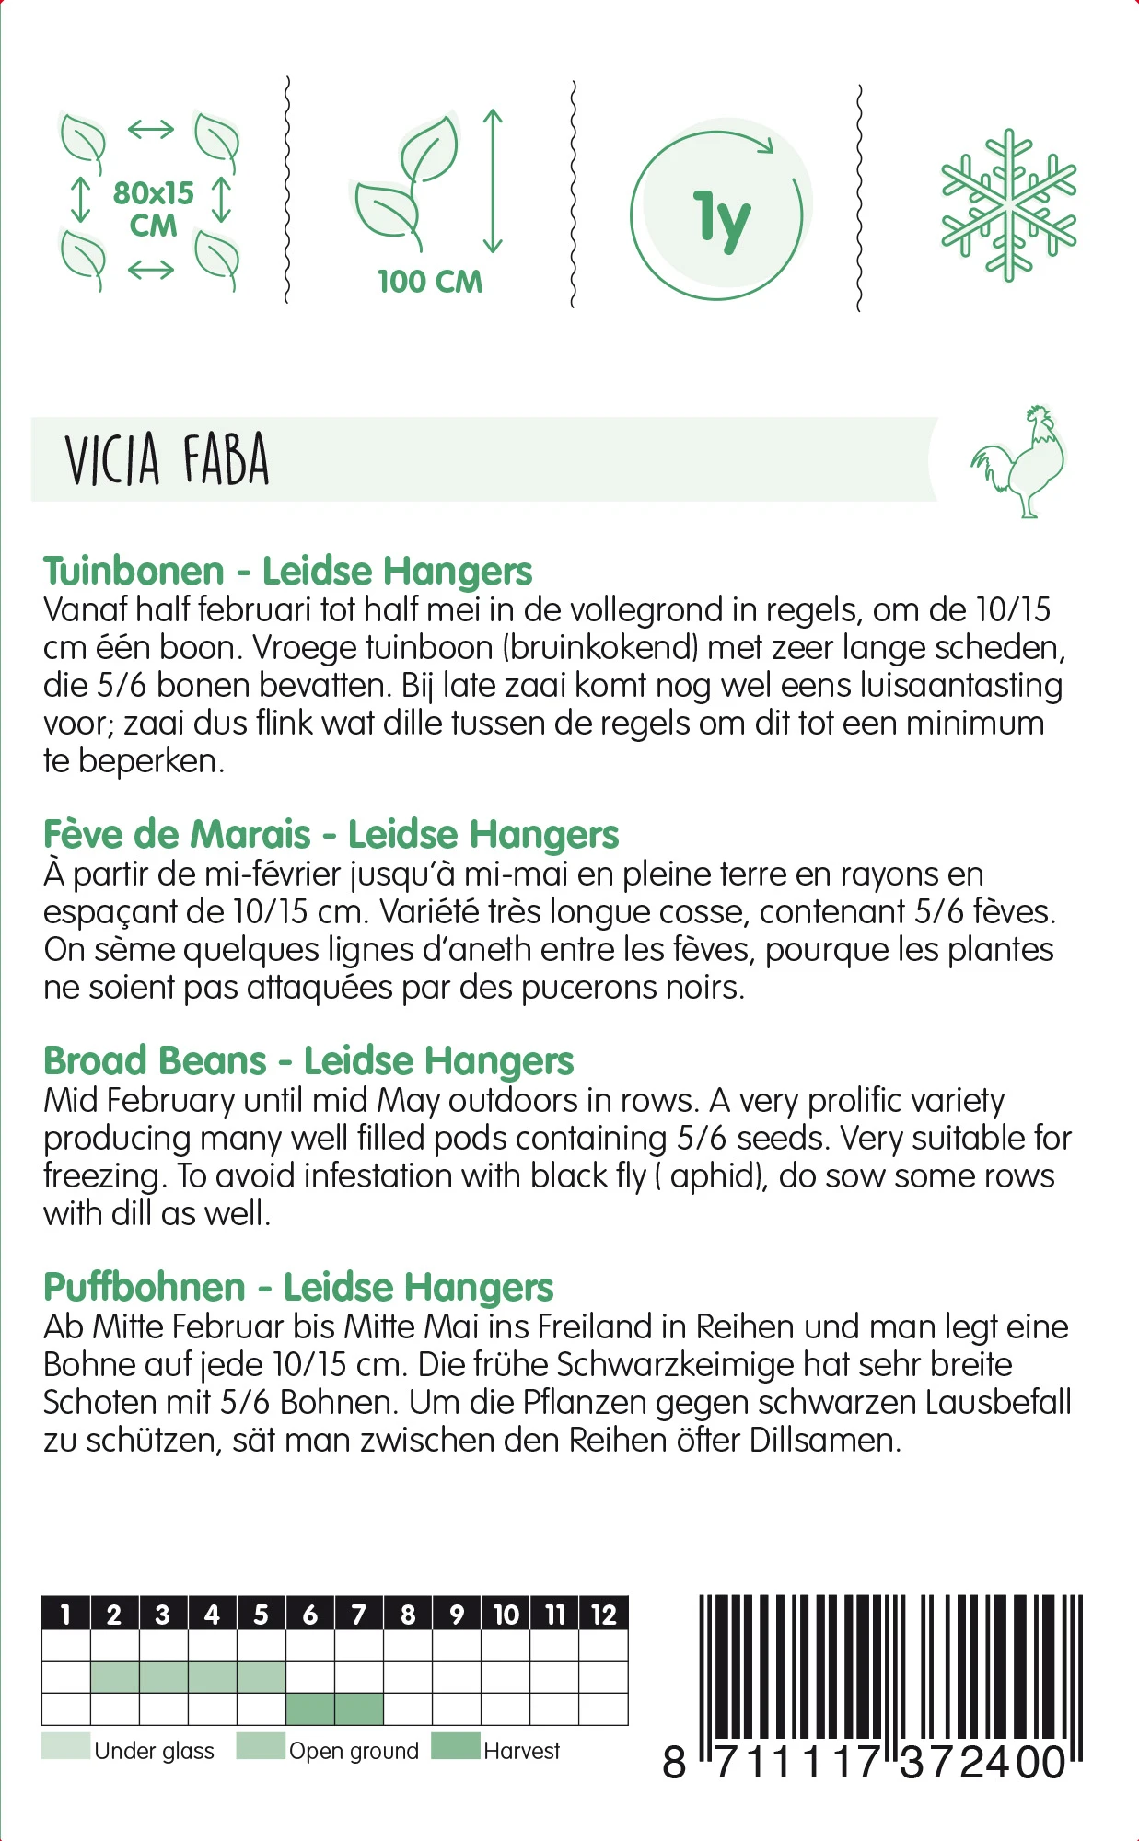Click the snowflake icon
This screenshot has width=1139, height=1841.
(x=1008, y=204)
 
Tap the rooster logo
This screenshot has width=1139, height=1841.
(x=1018, y=460)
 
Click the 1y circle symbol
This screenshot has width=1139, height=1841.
(x=719, y=215)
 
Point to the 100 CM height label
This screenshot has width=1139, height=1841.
(x=430, y=282)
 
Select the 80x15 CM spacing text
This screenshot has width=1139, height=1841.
(x=153, y=209)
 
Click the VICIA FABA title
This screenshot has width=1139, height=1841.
(x=167, y=459)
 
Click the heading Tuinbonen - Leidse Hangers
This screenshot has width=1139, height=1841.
(x=287, y=571)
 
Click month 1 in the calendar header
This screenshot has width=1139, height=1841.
(x=65, y=1615)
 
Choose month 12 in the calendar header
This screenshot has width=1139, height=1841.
(x=603, y=1615)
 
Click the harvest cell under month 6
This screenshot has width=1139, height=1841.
(x=310, y=1709)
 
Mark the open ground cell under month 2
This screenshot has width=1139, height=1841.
(x=115, y=1677)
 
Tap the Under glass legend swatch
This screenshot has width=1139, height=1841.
(x=65, y=1746)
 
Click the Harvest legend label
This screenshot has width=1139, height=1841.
(x=521, y=1751)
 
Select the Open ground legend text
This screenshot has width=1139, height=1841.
(x=354, y=1751)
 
